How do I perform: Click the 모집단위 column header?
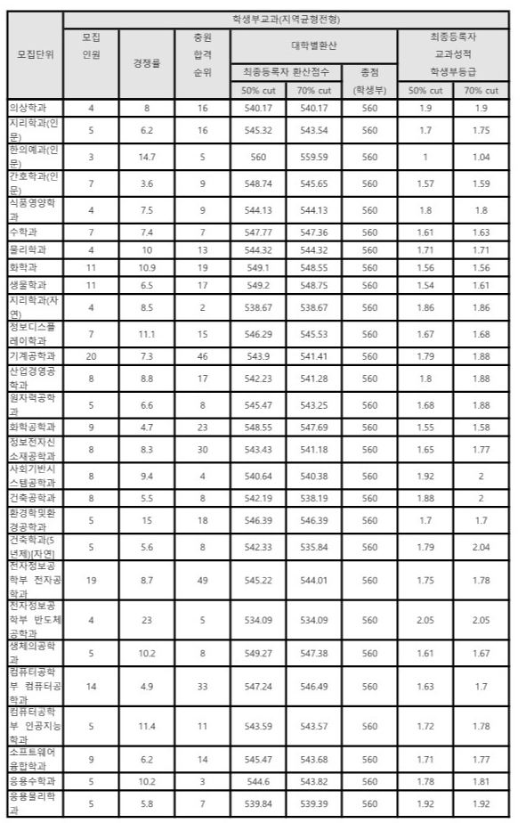click(36, 53)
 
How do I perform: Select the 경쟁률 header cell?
click(147, 63)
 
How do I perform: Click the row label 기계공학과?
click(33, 356)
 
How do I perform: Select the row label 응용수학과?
click(33, 780)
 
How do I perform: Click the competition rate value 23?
click(147, 621)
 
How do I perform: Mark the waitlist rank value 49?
click(202, 579)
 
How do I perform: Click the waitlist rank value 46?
click(202, 356)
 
